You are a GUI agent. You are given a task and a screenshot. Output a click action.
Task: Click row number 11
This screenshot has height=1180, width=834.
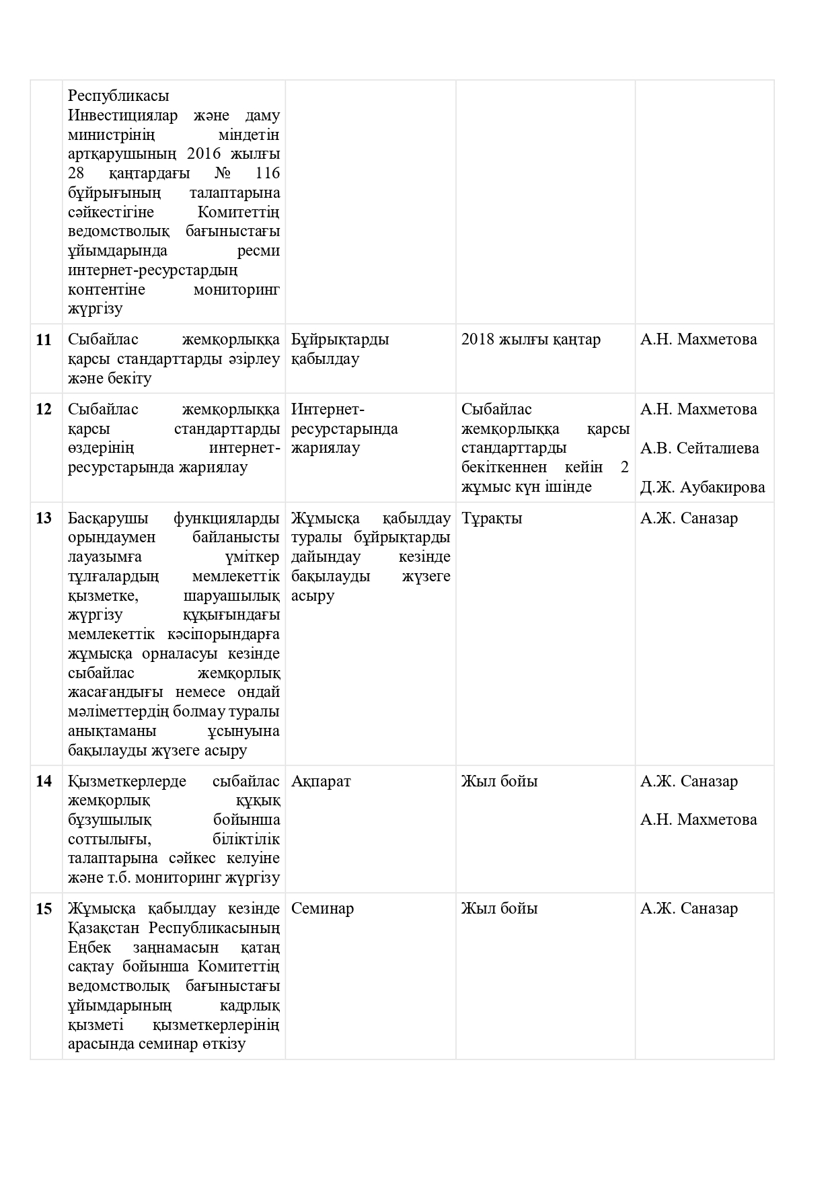pyautogui.click(x=44, y=340)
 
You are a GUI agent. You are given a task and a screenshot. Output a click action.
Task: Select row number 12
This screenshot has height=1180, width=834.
pyautogui.click(x=44, y=409)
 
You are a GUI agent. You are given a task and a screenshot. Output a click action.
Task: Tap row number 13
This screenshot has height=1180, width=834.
pyautogui.click(x=44, y=518)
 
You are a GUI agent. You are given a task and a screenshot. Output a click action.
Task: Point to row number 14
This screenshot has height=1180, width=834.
pyautogui.click(x=44, y=781)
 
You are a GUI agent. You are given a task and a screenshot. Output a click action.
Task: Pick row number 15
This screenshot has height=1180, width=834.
pyautogui.click(x=44, y=909)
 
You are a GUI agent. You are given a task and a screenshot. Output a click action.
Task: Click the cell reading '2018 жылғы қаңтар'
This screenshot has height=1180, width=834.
pyautogui.click(x=531, y=340)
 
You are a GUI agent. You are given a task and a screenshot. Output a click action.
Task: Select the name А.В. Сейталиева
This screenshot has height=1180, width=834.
pyautogui.click(x=699, y=448)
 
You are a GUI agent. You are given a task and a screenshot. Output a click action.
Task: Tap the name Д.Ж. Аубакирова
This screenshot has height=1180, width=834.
pyautogui.click(x=702, y=487)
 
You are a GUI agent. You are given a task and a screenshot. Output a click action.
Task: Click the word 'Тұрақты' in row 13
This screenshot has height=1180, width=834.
pyautogui.click(x=492, y=519)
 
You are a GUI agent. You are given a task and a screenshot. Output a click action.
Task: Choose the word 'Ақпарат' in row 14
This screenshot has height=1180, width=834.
pyautogui.click(x=321, y=782)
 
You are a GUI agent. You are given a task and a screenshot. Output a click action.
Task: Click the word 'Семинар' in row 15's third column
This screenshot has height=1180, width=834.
pyautogui.click(x=322, y=909)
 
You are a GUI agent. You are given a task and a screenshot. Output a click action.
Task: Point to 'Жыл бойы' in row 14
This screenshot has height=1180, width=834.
pyautogui.click(x=499, y=782)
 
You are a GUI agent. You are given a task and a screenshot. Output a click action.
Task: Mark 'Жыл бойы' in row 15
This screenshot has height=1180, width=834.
pyautogui.click(x=499, y=909)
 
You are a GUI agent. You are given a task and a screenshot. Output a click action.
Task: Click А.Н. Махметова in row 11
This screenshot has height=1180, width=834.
pyautogui.click(x=698, y=340)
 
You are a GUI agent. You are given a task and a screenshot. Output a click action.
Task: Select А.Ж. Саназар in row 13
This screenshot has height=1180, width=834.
pyautogui.click(x=689, y=518)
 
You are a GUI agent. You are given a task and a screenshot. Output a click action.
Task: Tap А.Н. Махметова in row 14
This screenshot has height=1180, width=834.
pyautogui.click(x=698, y=819)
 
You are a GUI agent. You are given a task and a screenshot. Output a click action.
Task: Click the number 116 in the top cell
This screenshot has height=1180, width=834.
pyautogui.click(x=268, y=174)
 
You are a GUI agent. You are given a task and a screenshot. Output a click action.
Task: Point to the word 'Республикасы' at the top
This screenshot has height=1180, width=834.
pyautogui.click(x=118, y=96)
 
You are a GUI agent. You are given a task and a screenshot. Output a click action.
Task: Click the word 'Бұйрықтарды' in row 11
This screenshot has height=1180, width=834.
pyautogui.click(x=340, y=340)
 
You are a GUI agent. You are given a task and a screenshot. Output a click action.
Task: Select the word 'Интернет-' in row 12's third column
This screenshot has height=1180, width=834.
pyautogui.click(x=328, y=409)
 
